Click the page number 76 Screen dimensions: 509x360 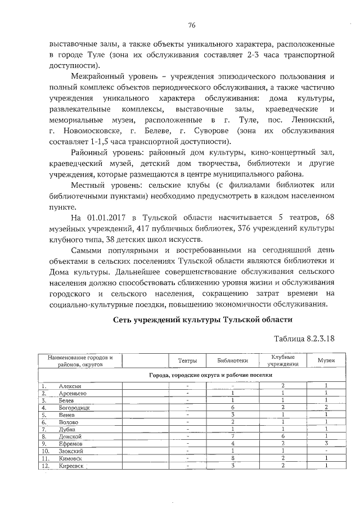point(191,25)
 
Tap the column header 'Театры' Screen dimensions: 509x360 point(187,361)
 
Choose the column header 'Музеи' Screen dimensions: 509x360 point(326,360)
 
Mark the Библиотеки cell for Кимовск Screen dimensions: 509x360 point(232,458)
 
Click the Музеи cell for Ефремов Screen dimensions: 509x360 point(326,443)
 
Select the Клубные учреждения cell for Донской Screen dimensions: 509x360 point(283,436)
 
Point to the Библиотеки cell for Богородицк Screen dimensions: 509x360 point(232,406)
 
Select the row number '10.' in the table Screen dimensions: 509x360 point(46,451)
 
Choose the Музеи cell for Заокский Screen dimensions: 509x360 point(326,451)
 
